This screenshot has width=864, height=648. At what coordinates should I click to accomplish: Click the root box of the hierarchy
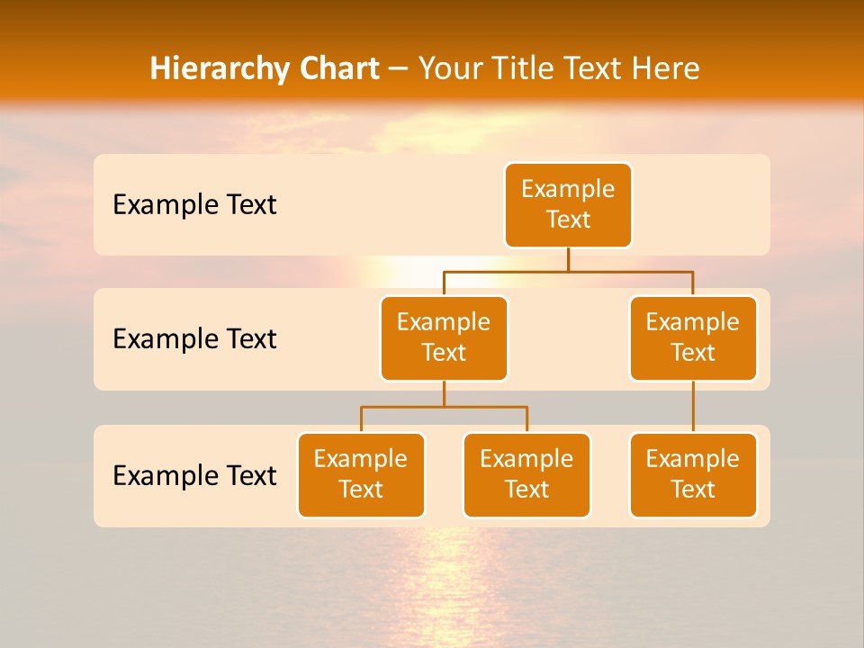pos(568,205)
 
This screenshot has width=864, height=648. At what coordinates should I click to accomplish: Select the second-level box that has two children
pos(444,338)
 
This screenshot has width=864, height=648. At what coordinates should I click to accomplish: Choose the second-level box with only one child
pos(693,338)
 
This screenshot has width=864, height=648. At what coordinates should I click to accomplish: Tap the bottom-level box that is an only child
pos(693,475)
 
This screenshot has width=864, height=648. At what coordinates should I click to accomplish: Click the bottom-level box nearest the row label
pos(361,475)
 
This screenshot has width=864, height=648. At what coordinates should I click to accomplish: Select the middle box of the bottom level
pos(526,475)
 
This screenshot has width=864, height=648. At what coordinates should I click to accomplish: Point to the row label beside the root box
pos(194,205)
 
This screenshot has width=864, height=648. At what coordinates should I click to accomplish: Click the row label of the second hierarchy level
pos(194,339)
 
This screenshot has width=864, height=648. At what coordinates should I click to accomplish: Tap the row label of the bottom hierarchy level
pos(194,475)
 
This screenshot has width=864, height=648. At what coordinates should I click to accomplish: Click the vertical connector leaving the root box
pos(568,259)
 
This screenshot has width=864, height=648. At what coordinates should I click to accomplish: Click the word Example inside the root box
pos(568,190)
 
